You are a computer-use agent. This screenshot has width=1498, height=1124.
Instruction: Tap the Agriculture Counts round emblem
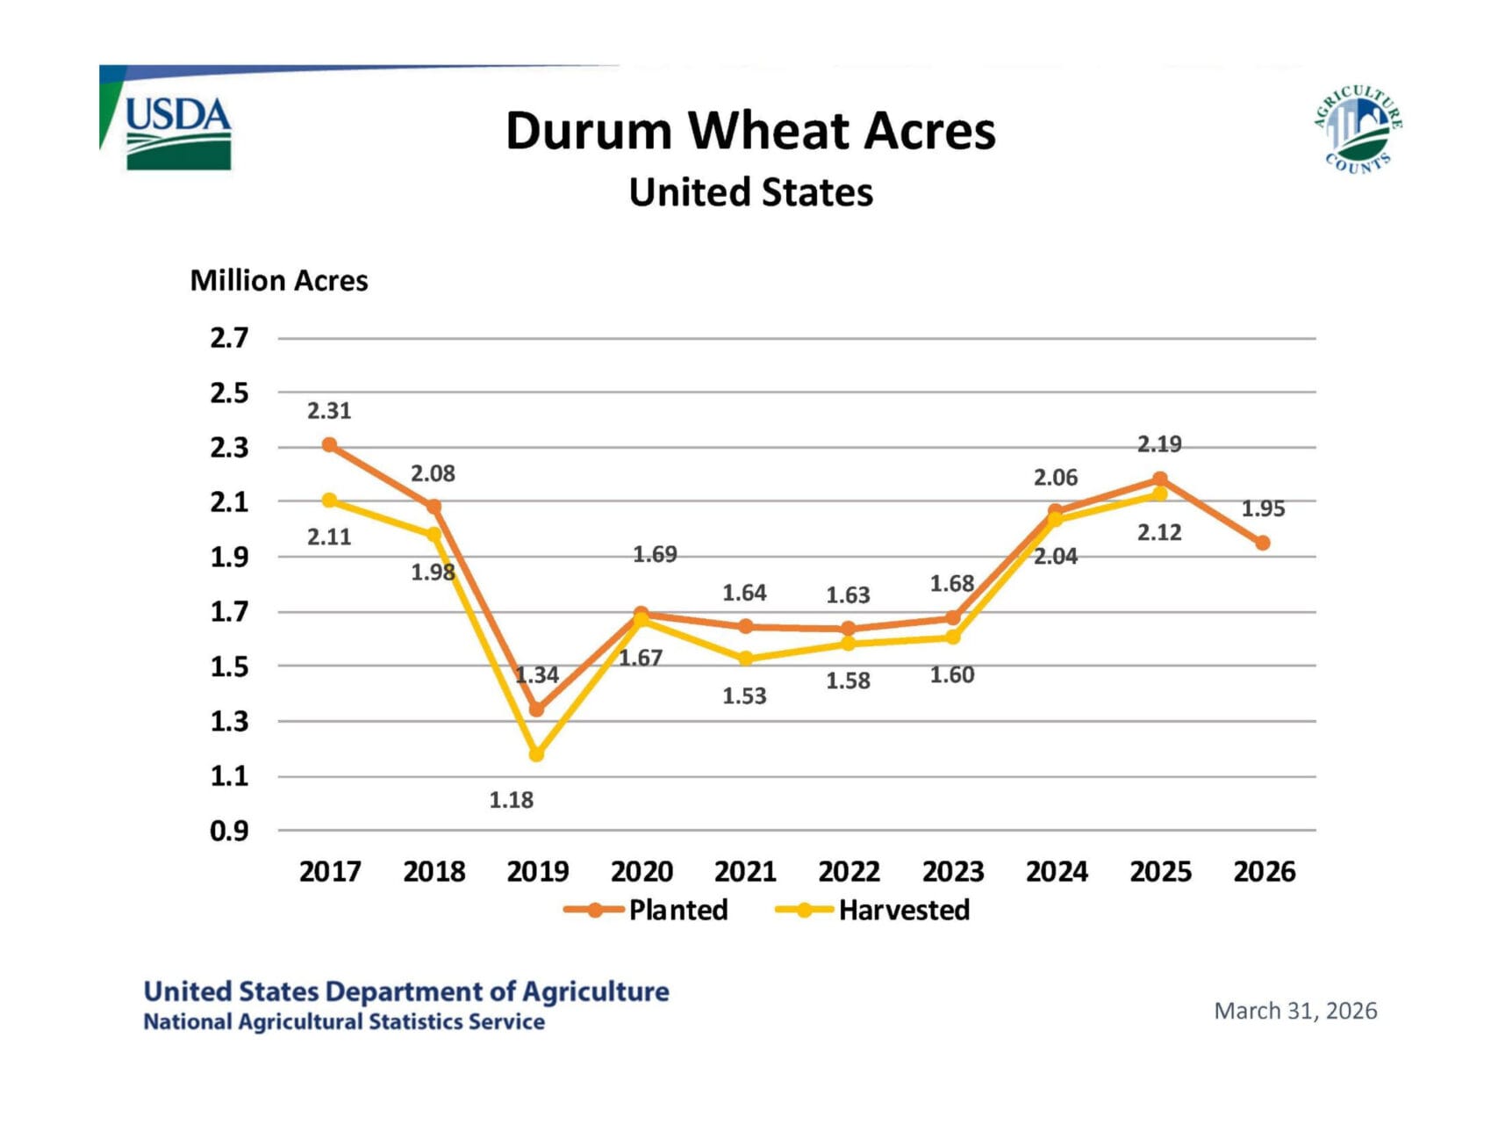(1357, 130)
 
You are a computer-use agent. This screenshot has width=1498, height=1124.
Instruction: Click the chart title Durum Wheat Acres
(750, 131)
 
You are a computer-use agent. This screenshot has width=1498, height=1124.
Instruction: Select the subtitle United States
(750, 192)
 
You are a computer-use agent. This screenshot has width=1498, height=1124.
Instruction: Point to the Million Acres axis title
(279, 281)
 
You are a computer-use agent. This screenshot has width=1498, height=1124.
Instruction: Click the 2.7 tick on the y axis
(229, 338)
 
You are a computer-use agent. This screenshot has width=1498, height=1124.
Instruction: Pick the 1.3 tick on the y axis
(229, 722)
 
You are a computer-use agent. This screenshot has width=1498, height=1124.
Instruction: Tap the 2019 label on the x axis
(537, 871)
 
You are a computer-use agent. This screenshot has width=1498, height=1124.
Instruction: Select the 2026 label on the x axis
(1264, 871)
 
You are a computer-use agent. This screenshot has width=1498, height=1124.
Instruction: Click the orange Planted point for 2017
(329, 445)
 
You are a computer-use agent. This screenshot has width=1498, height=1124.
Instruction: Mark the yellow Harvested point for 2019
(537, 754)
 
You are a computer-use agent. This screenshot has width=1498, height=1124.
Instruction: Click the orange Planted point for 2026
(1263, 544)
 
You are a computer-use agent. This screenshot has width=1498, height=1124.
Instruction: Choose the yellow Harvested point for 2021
(745, 659)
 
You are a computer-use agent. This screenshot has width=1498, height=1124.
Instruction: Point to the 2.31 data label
(329, 411)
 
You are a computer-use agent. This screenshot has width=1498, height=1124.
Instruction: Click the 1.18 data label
(511, 800)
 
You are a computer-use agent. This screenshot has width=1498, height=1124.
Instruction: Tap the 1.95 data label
(1263, 509)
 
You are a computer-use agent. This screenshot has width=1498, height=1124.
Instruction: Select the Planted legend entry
(647, 910)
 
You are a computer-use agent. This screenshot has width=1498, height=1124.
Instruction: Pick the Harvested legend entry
(873, 910)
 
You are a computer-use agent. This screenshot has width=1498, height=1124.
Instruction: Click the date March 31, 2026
(1295, 1012)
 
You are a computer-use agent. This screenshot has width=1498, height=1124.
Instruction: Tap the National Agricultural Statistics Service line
(344, 1022)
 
